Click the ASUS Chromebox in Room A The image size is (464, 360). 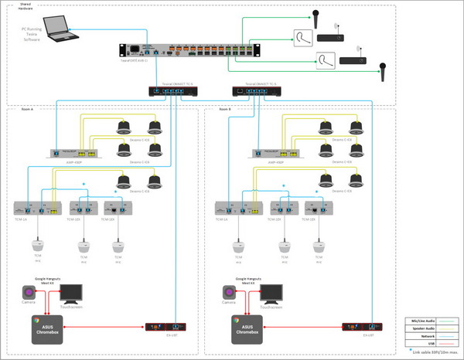[x=44, y=328]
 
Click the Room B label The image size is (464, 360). [x=225, y=110]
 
